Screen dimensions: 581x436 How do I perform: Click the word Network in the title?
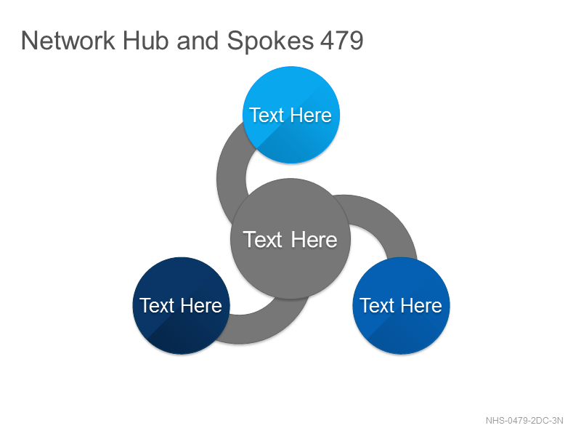click(68, 41)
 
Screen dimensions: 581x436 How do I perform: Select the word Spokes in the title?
click(270, 41)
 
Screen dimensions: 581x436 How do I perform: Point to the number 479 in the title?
click(341, 41)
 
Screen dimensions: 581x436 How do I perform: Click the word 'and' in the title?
click(198, 41)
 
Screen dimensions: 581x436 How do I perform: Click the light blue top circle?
click(291, 115)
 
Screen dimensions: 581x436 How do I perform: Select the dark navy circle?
click(181, 305)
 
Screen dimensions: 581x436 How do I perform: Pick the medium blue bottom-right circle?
click(401, 305)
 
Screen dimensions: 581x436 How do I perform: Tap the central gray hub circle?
click(290, 239)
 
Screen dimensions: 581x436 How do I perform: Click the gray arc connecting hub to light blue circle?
click(231, 178)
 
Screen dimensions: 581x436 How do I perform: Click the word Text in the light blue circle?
click(267, 115)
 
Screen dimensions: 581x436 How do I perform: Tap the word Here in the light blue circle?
click(311, 115)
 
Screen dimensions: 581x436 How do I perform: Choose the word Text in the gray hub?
click(263, 240)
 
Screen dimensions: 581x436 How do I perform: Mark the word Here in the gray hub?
click(314, 240)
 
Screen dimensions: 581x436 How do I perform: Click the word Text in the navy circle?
click(157, 305)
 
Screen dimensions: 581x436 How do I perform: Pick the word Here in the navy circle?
click(201, 305)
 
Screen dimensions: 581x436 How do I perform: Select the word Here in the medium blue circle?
click(421, 305)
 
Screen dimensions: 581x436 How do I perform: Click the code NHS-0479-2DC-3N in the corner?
click(524, 421)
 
